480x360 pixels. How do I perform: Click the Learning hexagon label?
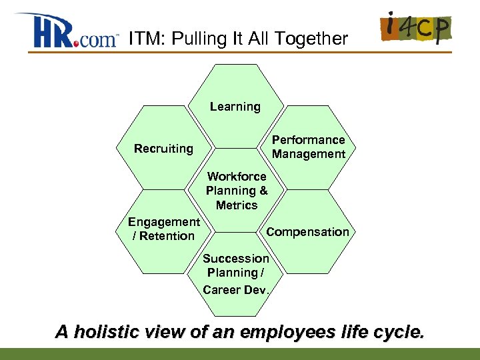[235, 107]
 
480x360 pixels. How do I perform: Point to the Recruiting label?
[163, 149]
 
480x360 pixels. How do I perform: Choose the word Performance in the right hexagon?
[308, 140]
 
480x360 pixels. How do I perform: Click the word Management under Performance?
[308, 154]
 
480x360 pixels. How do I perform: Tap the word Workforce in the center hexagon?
[237, 177]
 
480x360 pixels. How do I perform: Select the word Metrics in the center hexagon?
[237, 205]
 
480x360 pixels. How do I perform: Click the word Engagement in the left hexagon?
[164, 222]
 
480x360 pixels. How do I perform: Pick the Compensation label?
[307, 232]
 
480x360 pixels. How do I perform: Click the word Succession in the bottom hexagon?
[236, 259]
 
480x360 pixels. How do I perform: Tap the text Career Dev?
[237, 289]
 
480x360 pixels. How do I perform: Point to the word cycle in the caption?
[399, 331]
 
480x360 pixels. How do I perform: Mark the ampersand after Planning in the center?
[263, 191]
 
